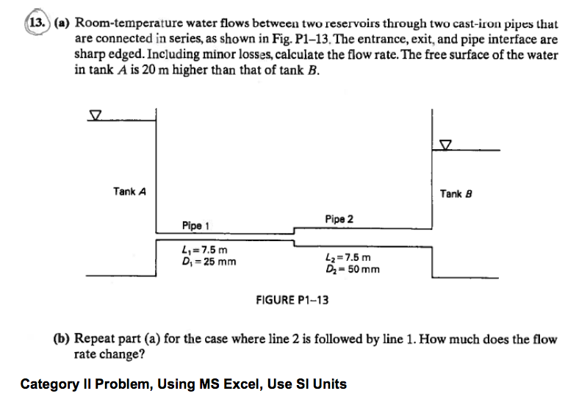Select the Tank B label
455,194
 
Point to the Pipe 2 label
338,219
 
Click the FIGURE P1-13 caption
292,300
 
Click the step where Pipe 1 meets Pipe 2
294,234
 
